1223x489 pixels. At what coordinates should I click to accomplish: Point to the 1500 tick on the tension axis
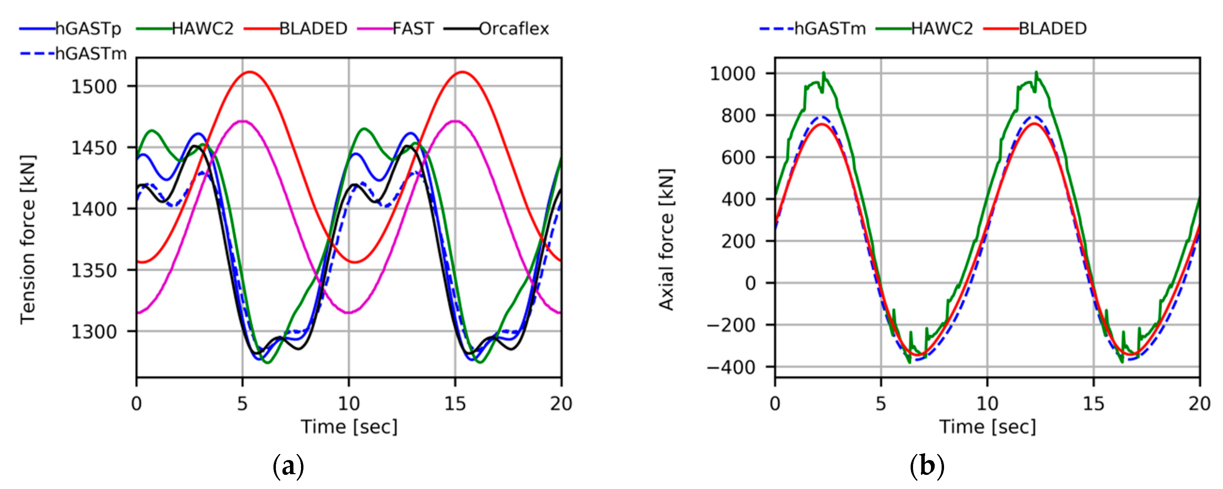click(x=94, y=86)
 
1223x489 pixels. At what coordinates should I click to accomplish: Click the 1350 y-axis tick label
click(x=94, y=271)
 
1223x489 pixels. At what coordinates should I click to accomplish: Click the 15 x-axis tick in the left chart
click(x=455, y=404)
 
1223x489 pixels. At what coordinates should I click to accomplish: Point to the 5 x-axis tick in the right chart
click(x=881, y=404)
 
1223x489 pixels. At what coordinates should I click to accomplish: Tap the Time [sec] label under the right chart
click(x=987, y=427)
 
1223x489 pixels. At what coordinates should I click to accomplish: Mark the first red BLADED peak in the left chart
click(x=250, y=72)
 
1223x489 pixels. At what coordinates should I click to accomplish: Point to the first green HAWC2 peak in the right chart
click(x=824, y=72)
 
